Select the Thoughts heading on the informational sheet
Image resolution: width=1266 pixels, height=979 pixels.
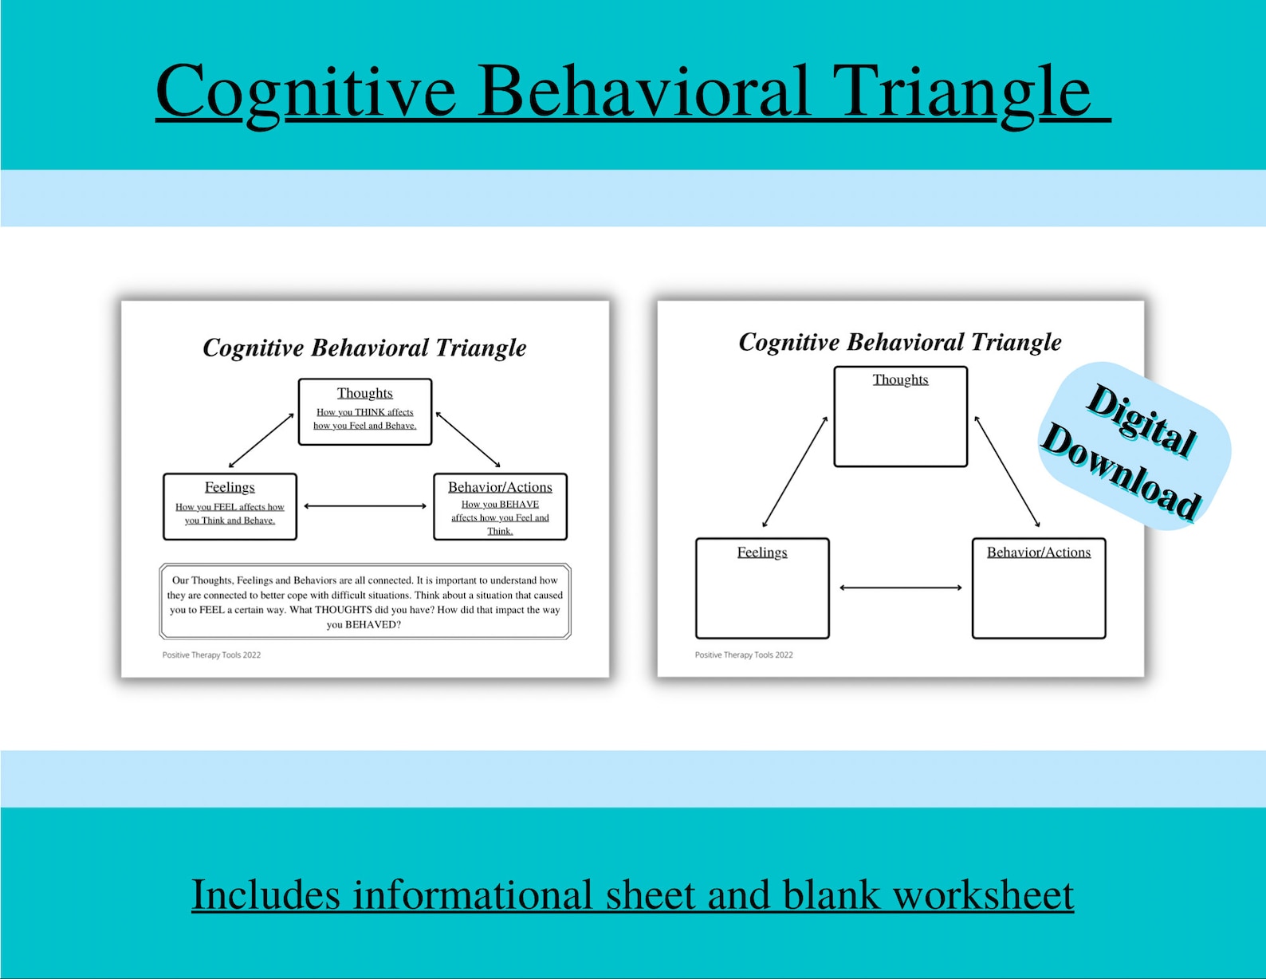coord(364,393)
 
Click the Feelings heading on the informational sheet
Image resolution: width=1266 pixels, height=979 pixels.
coord(230,487)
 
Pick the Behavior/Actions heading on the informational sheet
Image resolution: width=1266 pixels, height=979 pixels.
coord(500,487)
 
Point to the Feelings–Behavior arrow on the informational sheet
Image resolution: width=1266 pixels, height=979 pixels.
coord(365,506)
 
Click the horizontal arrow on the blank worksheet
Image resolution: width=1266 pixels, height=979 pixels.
coord(900,588)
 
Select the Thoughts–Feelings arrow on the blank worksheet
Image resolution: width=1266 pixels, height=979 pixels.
coord(795,472)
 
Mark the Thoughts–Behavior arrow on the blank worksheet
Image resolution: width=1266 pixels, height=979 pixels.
coord(1007,472)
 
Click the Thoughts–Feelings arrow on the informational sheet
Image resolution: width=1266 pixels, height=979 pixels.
coord(261,440)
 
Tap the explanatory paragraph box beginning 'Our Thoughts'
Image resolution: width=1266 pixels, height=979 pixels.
coord(365,602)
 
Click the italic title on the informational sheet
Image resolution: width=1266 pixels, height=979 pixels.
coord(364,348)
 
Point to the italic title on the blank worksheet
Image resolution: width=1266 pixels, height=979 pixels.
coord(900,342)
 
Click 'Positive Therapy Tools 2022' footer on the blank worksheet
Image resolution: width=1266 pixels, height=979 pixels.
coord(744,655)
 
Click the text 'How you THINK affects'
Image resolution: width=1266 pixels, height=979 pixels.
coord(364,412)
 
